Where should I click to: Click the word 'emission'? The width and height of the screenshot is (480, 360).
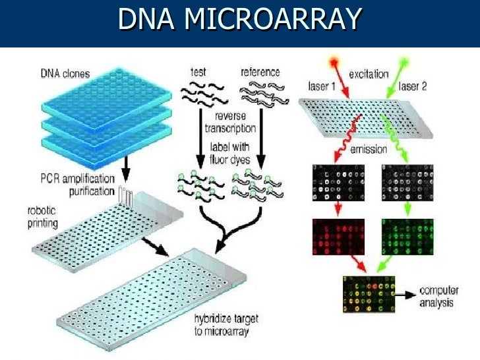(x=369, y=149)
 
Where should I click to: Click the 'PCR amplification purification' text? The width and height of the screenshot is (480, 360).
(x=76, y=184)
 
